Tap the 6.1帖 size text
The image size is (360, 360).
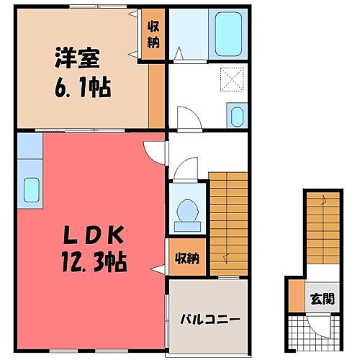coord(81,89)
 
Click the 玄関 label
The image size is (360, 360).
coord(323,299)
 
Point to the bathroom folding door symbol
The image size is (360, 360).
coord(177,53)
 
